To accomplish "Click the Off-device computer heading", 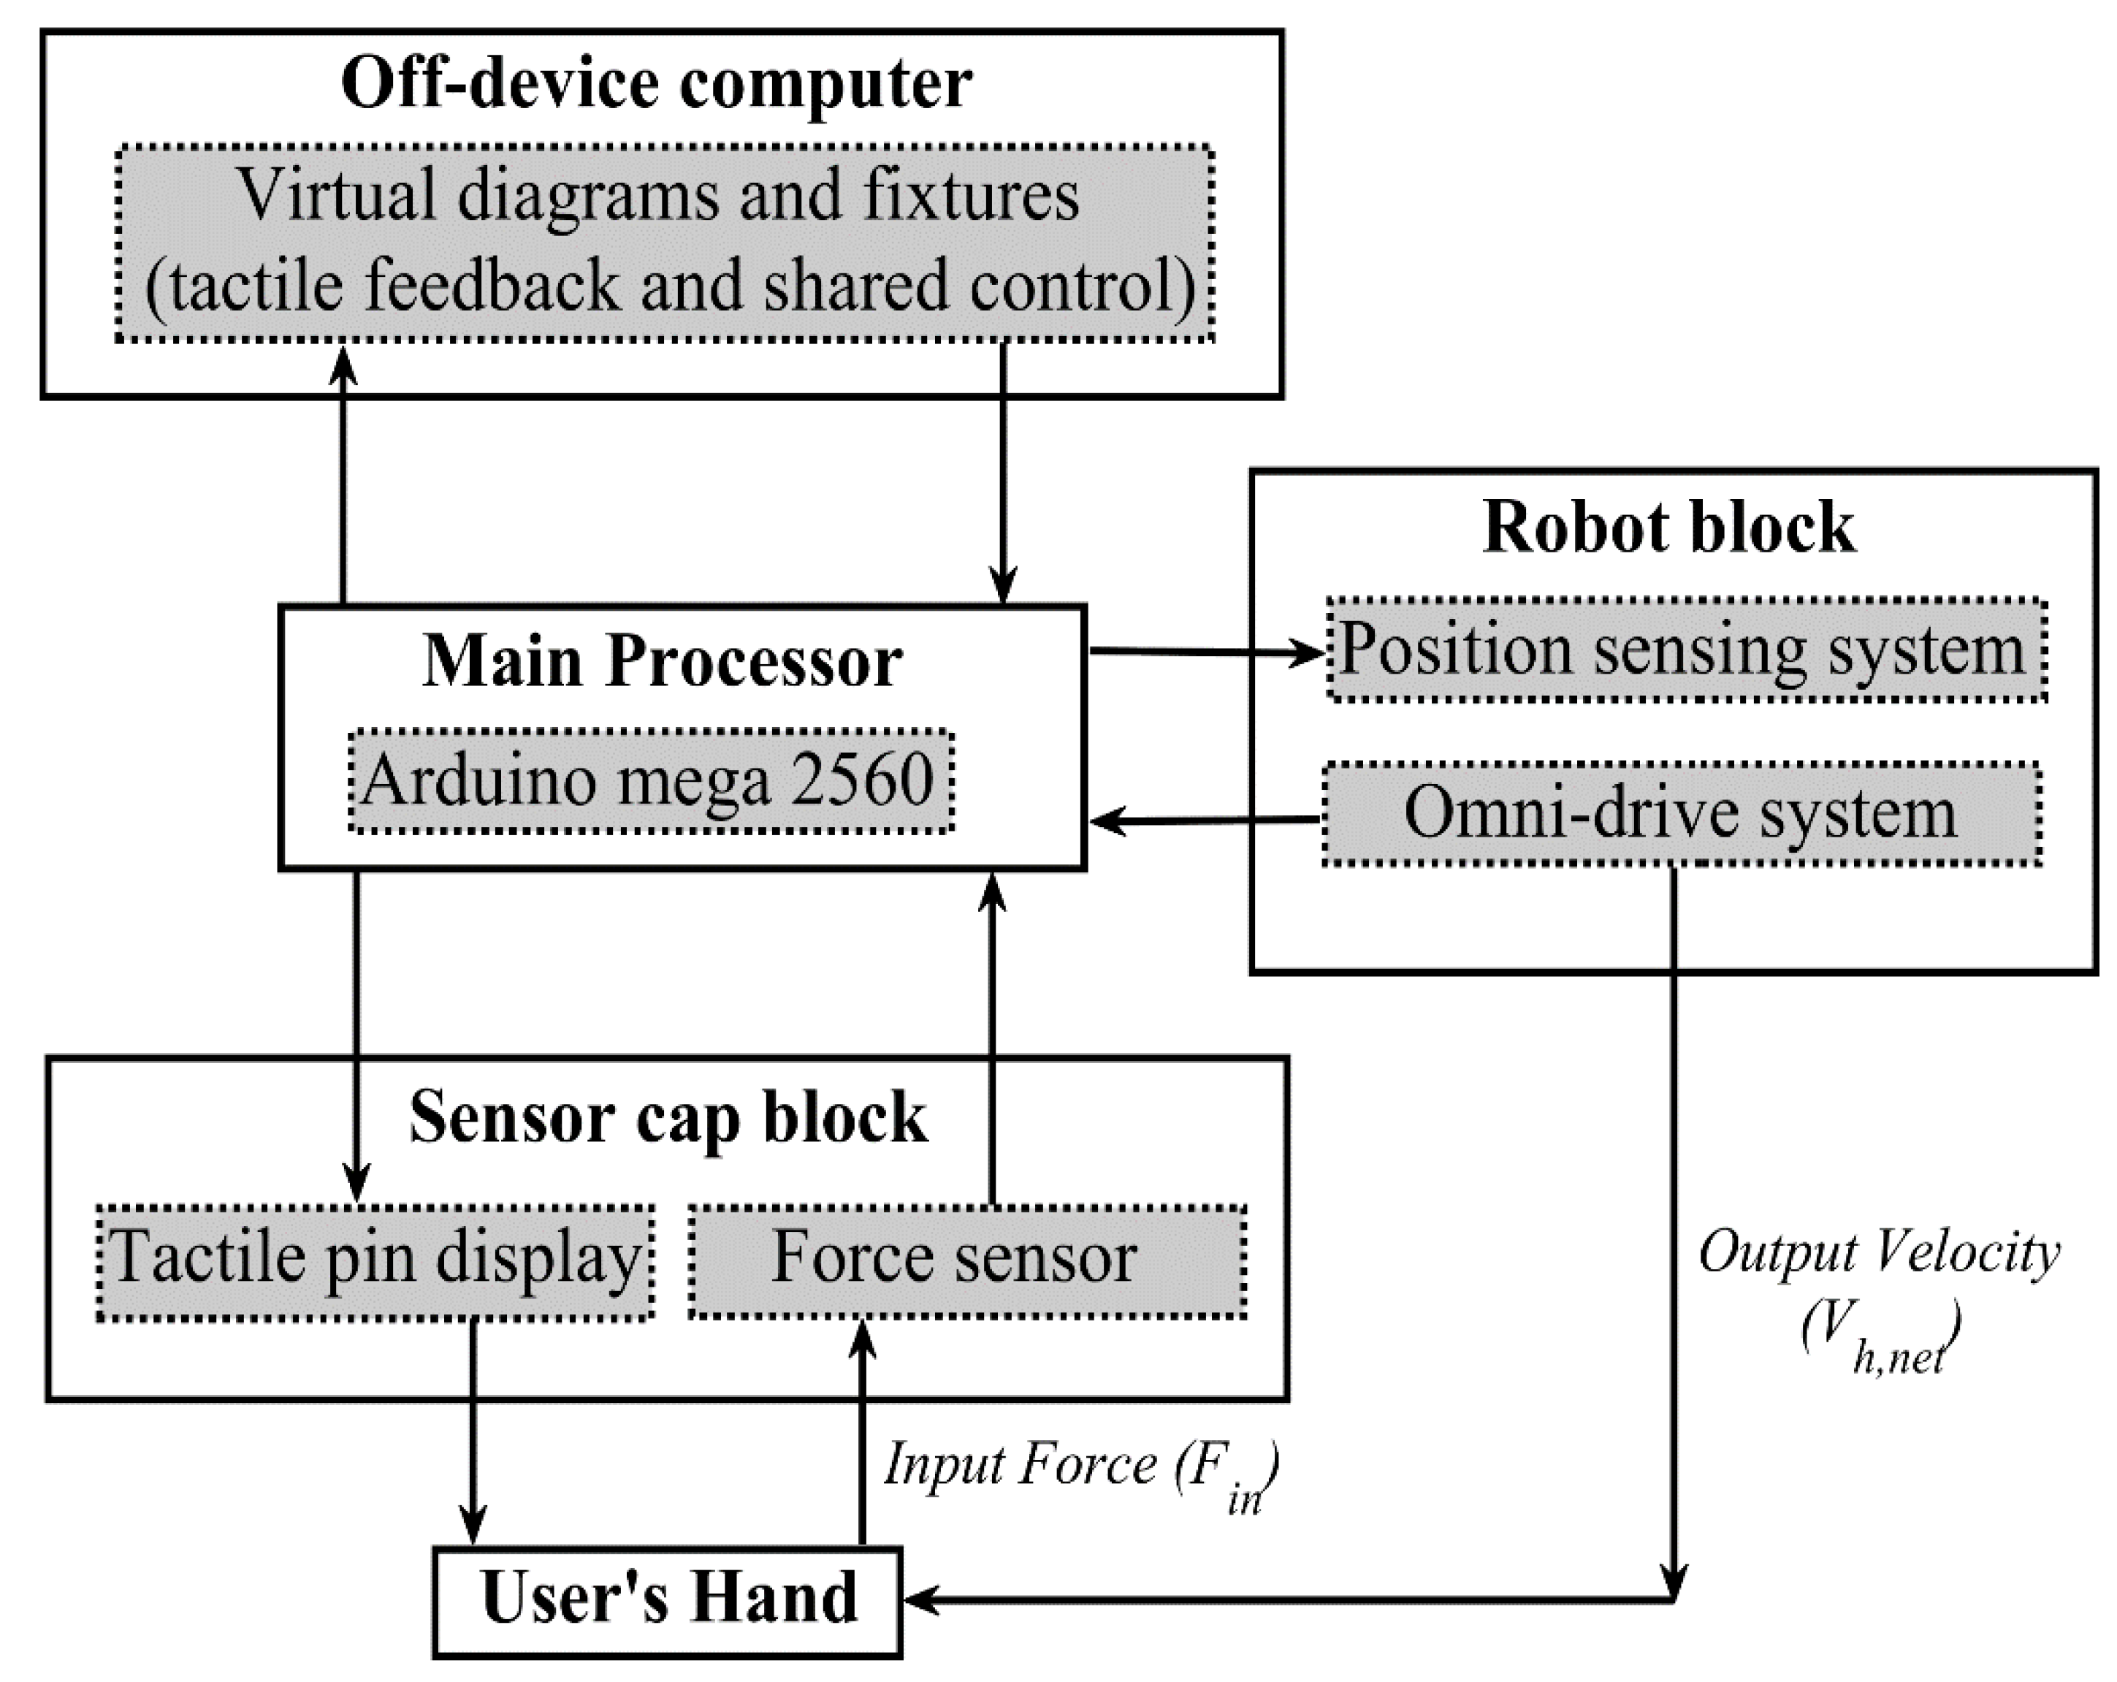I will pos(656,83).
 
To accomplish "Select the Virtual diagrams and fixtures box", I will pos(665,243).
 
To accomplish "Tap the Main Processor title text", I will pos(662,661).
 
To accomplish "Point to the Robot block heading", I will pos(1668,528).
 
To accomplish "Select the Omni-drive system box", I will pos(1680,814).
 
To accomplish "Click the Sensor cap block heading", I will pos(668,1117).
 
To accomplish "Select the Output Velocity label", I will pos(1877,1255).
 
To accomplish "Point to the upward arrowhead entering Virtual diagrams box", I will pos(342,363).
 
